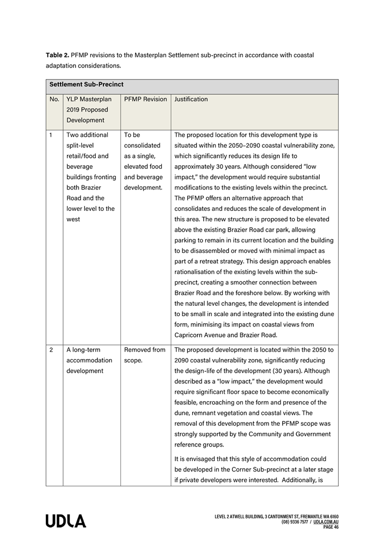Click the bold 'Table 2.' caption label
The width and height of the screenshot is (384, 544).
pos(58,56)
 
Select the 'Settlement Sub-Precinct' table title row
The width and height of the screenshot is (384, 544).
pos(87,85)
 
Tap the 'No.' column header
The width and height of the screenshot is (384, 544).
pos(54,99)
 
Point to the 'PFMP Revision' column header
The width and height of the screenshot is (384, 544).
pos(145,99)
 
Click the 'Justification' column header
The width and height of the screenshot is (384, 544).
pos(191,99)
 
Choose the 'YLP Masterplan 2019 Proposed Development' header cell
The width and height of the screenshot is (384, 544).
pos(89,110)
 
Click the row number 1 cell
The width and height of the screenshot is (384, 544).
pos(51,135)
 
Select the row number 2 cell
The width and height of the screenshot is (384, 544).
pos(51,350)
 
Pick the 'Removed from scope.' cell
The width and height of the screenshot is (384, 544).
pos(144,355)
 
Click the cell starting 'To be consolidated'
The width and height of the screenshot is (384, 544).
pos(143,161)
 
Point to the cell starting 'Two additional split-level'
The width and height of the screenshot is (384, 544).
pos(90,177)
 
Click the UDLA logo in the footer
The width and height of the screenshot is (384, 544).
pos(66,521)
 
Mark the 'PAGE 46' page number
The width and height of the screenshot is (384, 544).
pos(331,527)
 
